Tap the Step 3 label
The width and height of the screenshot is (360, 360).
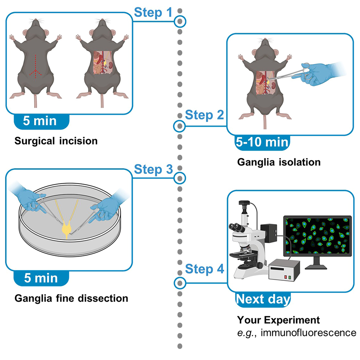coord(153,168)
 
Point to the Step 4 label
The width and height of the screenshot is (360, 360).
coord(204,269)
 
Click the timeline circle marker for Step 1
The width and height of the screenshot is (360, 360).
coord(180,22)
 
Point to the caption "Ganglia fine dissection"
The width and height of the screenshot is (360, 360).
coord(71,299)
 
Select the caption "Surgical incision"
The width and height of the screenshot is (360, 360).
coord(56,141)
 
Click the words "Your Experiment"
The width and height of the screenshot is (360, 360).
coord(278,320)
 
